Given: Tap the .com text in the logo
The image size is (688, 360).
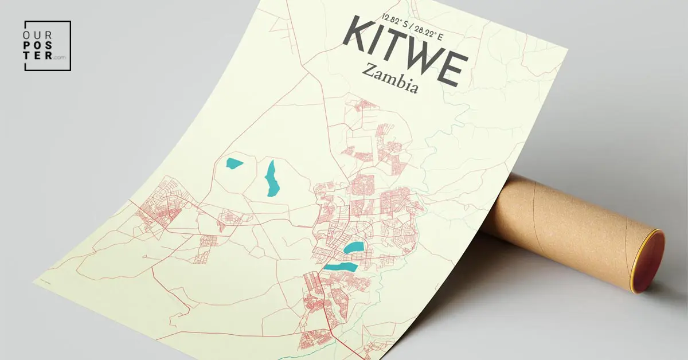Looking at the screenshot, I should (60, 57).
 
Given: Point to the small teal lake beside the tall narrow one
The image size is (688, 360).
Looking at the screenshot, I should (234, 163).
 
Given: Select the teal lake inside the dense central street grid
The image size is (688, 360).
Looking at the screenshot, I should (354, 248).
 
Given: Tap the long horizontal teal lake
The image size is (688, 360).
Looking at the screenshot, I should (340, 267).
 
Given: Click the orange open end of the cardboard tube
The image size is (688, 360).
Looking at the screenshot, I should (648, 261).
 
